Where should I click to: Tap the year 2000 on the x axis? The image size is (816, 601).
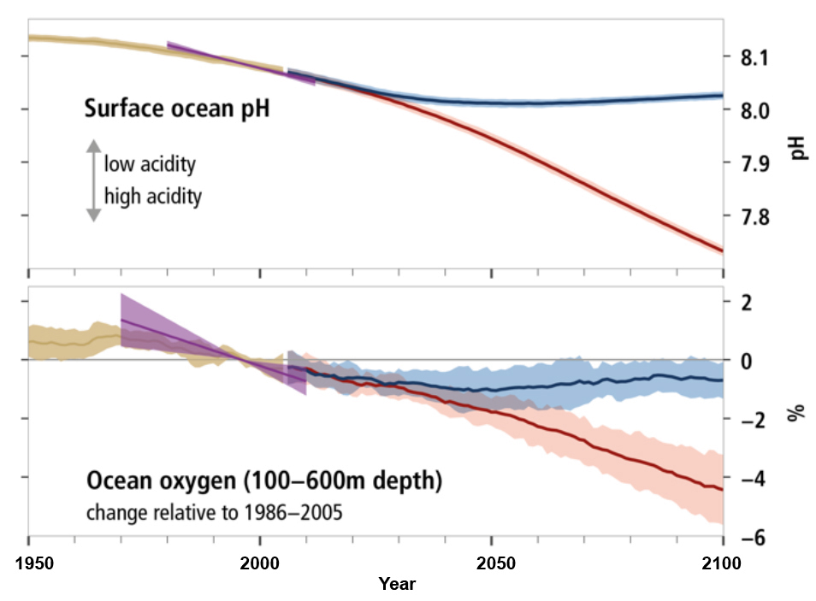[260, 564]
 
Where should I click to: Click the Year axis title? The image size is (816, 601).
[397, 585]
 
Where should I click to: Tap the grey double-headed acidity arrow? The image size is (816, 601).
[93, 180]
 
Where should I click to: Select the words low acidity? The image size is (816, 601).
[151, 162]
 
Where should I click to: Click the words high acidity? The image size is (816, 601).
[153, 196]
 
